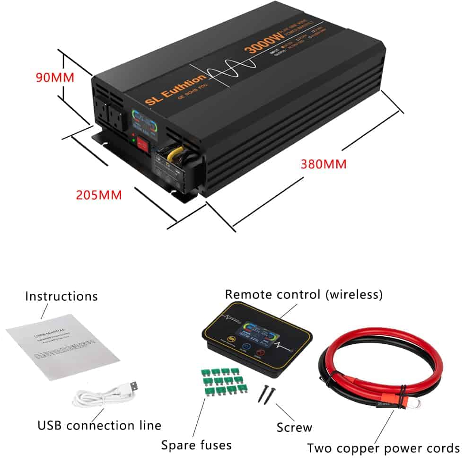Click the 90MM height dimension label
point(55,77)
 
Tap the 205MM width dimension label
point(98,195)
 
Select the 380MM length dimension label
point(324,165)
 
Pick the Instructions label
point(61,297)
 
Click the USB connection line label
point(99,425)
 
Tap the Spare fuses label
point(196,445)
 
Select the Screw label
point(294,428)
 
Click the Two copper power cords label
point(383,448)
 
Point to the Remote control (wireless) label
point(304,294)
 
